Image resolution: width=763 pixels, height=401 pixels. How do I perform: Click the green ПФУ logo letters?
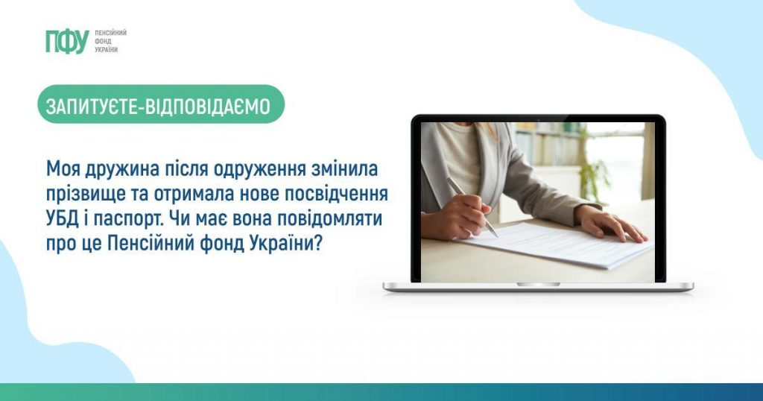coord(67,41)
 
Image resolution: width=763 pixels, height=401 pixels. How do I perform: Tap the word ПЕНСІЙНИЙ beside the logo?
coord(110,33)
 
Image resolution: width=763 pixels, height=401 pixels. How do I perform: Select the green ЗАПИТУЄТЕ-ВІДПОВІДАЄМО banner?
coord(161,104)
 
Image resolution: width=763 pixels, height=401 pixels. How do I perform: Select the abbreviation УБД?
coord(63,219)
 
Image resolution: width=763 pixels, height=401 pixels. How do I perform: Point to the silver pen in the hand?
coord(472,206)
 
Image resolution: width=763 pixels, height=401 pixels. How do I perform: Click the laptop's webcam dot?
coord(538,119)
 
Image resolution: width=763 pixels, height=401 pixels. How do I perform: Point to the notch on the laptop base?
coord(538,284)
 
